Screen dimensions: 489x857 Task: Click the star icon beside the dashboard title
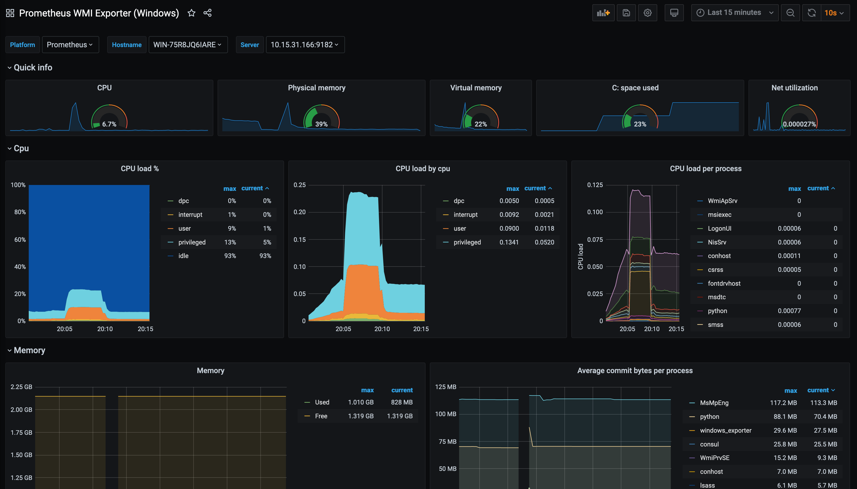click(x=191, y=13)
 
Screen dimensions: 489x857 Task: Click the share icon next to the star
click(x=207, y=13)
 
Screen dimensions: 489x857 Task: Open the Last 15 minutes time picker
click(x=734, y=13)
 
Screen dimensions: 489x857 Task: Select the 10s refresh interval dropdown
click(x=834, y=13)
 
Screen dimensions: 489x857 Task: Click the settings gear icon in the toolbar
click(x=647, y=13)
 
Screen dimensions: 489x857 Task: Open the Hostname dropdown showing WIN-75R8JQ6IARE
click(x=188, y=45)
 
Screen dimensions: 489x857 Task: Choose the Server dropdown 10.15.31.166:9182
click(x=305, y=45)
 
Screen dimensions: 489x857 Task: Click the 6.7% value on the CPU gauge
click(x=109, y=124)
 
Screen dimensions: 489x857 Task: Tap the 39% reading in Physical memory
click(x=321, y=124)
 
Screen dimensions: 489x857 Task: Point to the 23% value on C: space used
click(x=640, y=124)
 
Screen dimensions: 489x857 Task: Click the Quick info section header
click(x=33, y=68)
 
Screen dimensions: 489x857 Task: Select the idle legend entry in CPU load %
click(x=183, y=256)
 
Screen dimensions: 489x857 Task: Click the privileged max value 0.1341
click(x=509, y=242)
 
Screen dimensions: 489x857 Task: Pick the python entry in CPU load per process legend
click(x=717, y=311)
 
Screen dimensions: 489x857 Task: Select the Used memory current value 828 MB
click(x=402, y=402)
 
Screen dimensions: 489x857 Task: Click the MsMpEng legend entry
click(x=714, y=403)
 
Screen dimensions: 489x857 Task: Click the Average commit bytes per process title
click(x=635, y=370)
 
